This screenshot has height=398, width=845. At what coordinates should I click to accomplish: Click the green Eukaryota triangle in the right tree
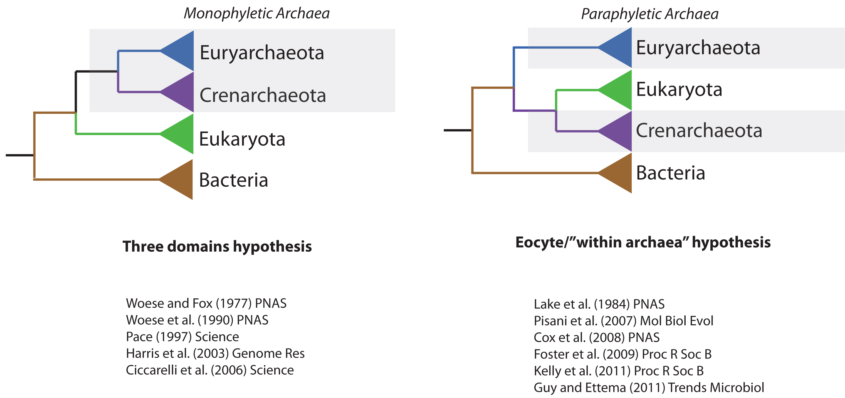tap(620, 90)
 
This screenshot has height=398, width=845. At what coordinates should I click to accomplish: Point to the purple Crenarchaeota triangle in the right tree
tap(620, 131)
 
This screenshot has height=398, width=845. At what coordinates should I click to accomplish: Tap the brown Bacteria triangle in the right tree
tap(620, 173)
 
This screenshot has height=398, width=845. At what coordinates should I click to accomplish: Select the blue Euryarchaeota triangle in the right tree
tap(620, 48)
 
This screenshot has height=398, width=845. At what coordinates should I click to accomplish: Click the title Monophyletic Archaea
tap(256, 13)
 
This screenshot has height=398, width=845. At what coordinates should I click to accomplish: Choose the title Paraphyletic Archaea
tap(650, 14)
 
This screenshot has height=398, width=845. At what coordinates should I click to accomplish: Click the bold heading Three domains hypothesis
tap(217, 246)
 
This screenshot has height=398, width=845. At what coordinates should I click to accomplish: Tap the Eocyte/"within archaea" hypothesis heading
tap(643, 242)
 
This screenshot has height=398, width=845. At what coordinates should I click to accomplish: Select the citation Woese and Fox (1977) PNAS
tap(206, 303)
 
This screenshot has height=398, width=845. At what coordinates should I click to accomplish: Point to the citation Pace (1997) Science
tap(182, 337)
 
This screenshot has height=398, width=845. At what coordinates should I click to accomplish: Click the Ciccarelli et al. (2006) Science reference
tap(210, 370)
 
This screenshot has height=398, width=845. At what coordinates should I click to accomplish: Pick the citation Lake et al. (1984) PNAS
tap(599, 304)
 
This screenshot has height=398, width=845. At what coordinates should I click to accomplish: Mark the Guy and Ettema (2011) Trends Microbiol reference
tap(649, 387)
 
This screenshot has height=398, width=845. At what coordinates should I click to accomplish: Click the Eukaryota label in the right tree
tap(679, 89)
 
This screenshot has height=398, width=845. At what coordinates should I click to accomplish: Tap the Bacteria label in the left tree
tap(234, 180)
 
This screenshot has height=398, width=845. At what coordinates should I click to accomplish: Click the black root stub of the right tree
tap(458, 130)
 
